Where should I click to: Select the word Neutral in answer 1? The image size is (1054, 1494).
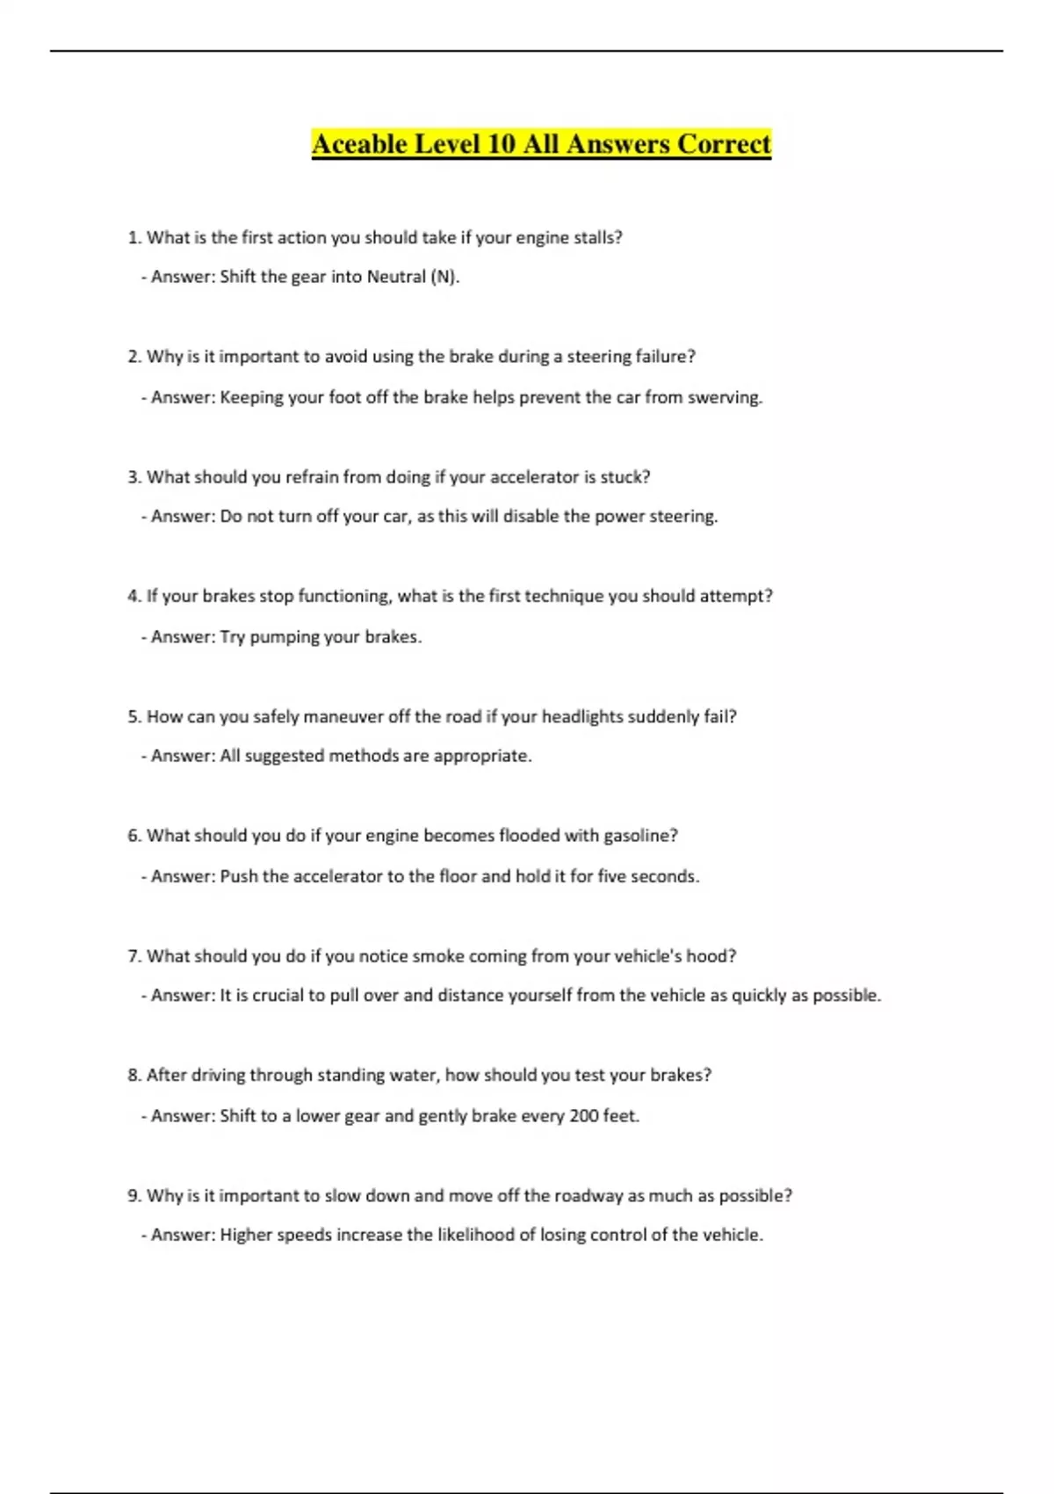pyautogui.click(x=396, y=277)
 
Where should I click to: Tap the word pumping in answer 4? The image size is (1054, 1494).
pyautogui.click(x=285, y=637)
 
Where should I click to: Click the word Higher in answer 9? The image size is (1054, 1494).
pyautogui.click(x=246, y=1236)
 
